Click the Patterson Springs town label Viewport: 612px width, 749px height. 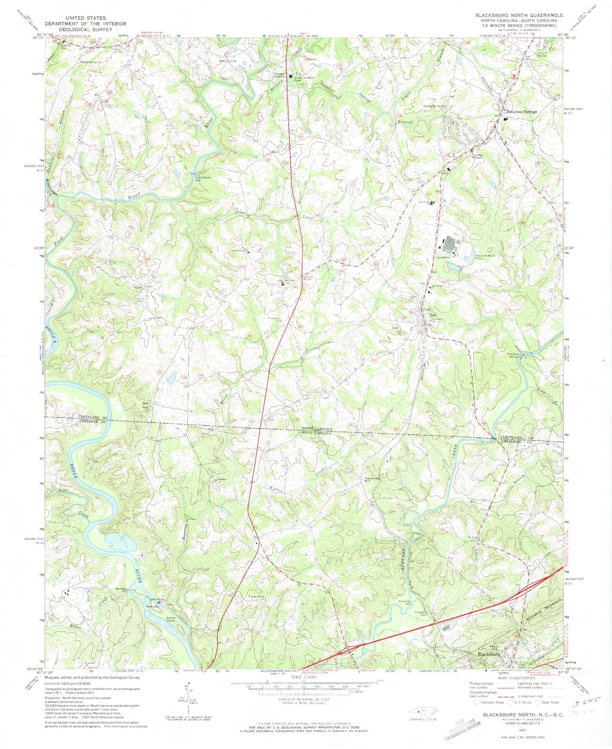(x=521, y=112)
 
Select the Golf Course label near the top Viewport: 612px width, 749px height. (x=227, y=61)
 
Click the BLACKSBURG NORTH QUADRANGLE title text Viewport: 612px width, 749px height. (x=519, y=15)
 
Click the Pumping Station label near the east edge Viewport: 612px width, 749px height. (x=513, y=355)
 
